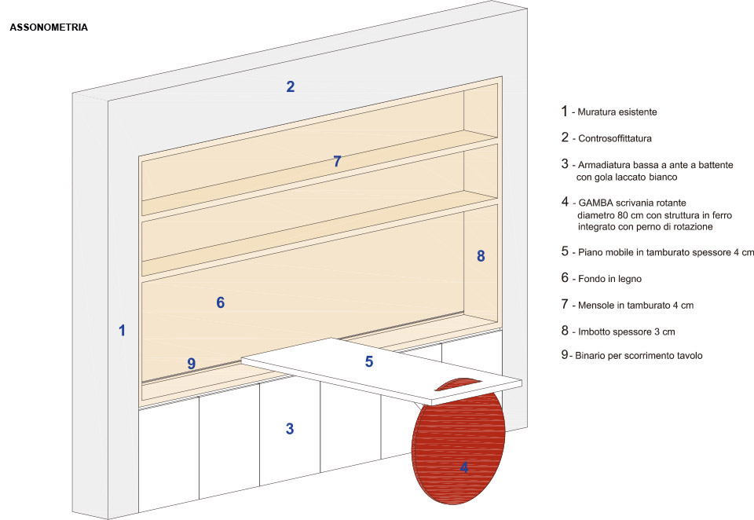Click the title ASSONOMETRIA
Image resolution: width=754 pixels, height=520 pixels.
coord(49,27)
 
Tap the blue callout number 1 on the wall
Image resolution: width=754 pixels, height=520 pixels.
coord(123,331)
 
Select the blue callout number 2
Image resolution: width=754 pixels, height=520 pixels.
coord(290,86)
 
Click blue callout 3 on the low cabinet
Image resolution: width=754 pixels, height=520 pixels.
coord(290,429)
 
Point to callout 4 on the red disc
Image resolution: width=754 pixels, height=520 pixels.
coord(464,467)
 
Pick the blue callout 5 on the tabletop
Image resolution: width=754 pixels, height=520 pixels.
coord(369,362)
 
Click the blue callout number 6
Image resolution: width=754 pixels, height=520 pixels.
coord(220,302)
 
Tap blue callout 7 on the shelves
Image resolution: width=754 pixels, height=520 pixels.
coord(337,161)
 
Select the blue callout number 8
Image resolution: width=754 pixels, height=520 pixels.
coord(481,256)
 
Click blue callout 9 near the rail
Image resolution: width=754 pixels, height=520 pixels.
coord(192,363)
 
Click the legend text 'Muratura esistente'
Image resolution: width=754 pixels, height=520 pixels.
coord(617,112)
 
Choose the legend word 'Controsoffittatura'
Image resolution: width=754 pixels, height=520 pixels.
coord(615,138)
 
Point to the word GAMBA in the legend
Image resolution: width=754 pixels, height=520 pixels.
coord(595,203)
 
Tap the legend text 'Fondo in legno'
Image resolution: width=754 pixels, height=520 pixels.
coord(609,279)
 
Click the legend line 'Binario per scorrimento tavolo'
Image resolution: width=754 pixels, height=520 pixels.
coord(639,356)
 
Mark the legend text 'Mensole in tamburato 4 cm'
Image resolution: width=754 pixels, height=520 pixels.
coord(635,306)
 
